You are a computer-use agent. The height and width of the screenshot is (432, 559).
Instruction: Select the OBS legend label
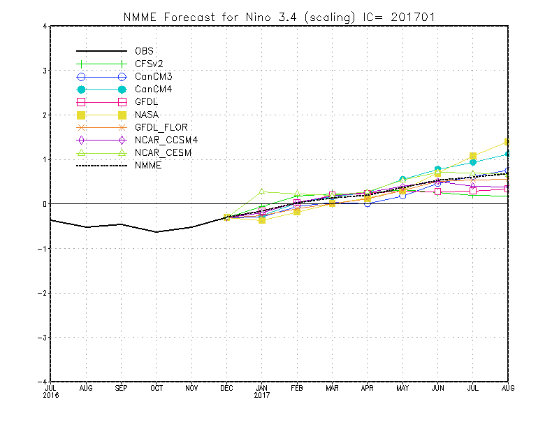[x=145, y=51]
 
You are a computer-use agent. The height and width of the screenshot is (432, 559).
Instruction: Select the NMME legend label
[x=147, y=165]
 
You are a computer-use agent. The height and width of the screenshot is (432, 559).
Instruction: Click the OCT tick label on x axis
[x=156, y=387]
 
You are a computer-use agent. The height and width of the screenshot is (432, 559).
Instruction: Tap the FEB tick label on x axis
[x=296, y=387]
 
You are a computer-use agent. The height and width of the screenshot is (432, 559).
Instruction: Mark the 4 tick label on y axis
[x=44, y=27]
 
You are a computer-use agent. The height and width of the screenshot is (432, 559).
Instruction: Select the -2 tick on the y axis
[x=42, y=293]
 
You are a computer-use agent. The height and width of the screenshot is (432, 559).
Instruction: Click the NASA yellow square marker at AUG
[x=507, y=142]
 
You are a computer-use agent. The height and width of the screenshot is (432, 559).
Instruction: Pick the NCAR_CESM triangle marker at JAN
[x=261, y=192]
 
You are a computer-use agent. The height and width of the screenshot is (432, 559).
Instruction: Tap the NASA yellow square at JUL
[x=472, y=156]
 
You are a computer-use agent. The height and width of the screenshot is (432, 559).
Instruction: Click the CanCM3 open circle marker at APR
[x=367, y=203]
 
